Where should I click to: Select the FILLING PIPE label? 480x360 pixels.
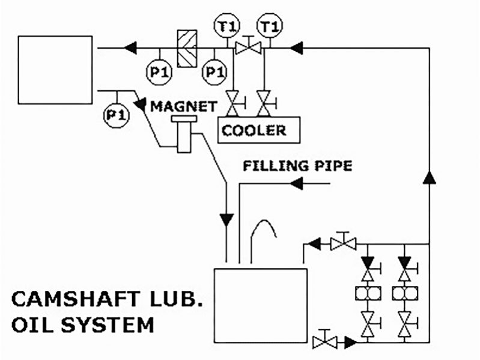tap(297, 166)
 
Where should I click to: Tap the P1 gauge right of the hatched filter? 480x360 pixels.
tap(214, 72)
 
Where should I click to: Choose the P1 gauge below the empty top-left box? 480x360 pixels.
tap(117, 114)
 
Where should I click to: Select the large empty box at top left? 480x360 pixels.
tap(55, 69)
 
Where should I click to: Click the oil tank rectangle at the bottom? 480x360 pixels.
tap(260, 306)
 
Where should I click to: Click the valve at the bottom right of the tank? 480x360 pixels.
tap(324, 341)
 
